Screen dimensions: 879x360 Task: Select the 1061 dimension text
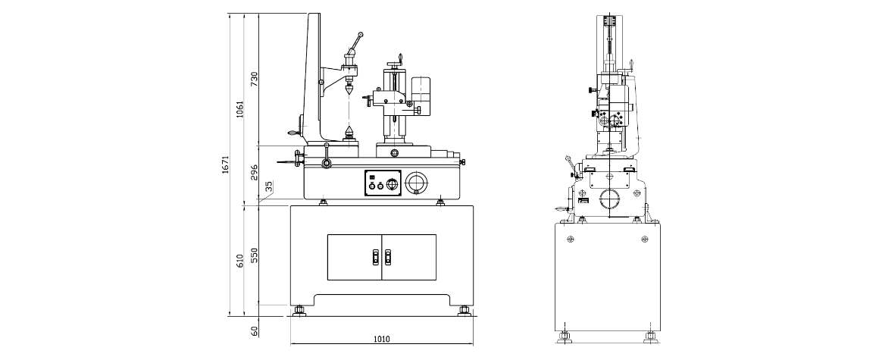tap(240, 109)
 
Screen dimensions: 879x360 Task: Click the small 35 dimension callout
tap(269, 186)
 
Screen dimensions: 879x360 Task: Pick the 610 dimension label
tap(240, 261)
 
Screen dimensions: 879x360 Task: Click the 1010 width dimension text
tap(382, 339)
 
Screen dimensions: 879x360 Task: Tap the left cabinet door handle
tap(376, 258)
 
